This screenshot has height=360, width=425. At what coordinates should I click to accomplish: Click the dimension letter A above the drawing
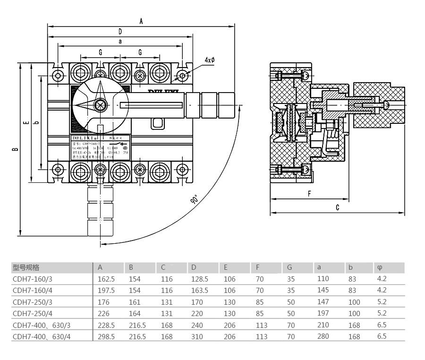141,21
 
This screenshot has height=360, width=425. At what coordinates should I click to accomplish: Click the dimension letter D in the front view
120,32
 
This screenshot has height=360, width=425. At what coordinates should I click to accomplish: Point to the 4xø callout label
210,60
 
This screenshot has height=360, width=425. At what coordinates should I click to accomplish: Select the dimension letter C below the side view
338,207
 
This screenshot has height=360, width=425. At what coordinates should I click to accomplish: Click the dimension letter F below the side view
309,193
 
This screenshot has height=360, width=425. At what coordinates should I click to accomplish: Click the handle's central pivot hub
100,105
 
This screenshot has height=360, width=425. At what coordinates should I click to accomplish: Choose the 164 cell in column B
134,313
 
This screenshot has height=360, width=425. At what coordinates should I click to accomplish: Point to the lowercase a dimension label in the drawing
120,42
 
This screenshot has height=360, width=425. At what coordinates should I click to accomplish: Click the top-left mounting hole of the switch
58,76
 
